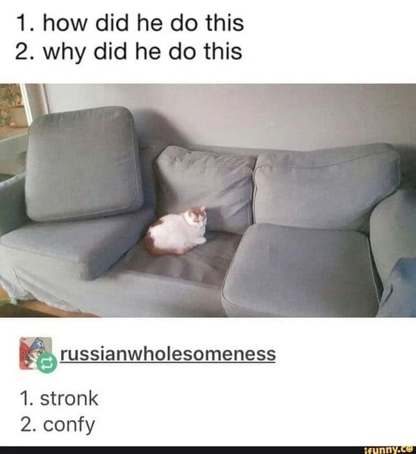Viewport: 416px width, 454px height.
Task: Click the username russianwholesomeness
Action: click(167, 354)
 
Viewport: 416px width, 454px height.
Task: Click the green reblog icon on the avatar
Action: click(47, 362)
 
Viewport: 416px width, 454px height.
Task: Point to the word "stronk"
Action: click(69, 399)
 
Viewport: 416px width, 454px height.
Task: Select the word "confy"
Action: click(69, 425)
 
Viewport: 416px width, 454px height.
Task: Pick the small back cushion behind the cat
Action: click(204, 184)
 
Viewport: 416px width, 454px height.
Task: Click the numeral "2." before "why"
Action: click(25, 51)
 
